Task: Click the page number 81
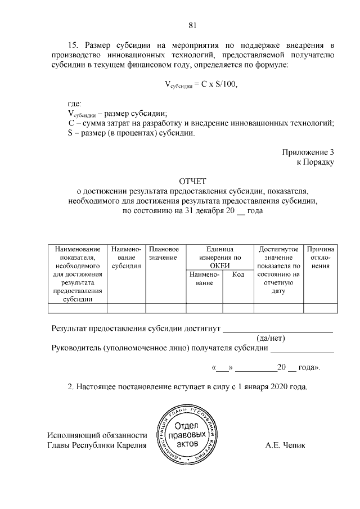pos(192,25)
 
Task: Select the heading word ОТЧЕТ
pos(193,181)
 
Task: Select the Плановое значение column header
pos(164,253)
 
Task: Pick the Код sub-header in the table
pos(238,274)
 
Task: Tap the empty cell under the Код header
pos(238,308)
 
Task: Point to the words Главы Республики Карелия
pos(96,445)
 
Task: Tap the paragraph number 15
pos(73,44)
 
